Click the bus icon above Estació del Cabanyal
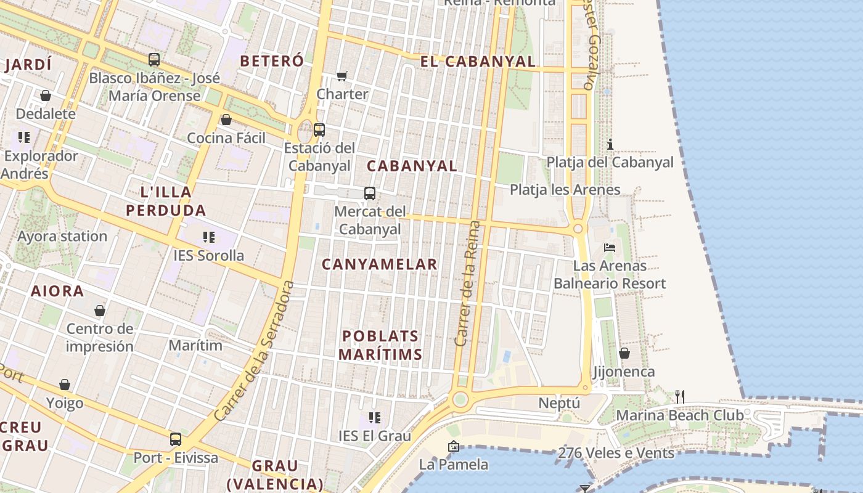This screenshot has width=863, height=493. pyautogui.click(x=319, y=130)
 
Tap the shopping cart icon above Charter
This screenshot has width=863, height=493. pyautogui.click(x=342, y=76)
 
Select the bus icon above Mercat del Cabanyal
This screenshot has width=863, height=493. pyautogui.click(x=370, y=194)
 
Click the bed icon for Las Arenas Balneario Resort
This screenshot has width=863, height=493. pyautogui.click(x=610, y=248)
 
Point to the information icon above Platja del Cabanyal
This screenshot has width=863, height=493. pyautogui.click(x=610, y=144)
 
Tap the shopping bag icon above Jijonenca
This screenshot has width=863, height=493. pyautogui.click(x=624, y=354)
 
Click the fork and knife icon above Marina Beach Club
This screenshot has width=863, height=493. pyautogui.click(x=680, y=397)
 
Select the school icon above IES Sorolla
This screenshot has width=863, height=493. pyautogui.click(x=209, y=237)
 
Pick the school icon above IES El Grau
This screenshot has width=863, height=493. pyautogui.click(x=374, y=418)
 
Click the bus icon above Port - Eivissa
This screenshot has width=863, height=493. pyautogui.click(x=176, y=439)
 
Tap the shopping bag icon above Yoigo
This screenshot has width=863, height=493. pyautogui.click(x=65, y=385)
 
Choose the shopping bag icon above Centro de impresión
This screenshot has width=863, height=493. pyautogui.click(x=100, y=311)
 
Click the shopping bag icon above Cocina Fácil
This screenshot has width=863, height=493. pyautogui.click(x=226, y=120)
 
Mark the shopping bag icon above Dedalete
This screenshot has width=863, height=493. pyautogui.click(x=46, y=96)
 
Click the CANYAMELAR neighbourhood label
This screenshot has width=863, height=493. pyautogui.click(x=380, y=264)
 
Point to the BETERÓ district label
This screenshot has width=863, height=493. pyautogui.click(x=272, y=61)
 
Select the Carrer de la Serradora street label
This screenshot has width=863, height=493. pyautogui.click(x=253, y=351)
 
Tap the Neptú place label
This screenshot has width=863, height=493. pyautogui.click(x=559, y=403)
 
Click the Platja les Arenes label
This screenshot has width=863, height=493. pyautogui.click(x=565, y=190)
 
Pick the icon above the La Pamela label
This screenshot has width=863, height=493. pyautogui.click(x=454, y=446)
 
